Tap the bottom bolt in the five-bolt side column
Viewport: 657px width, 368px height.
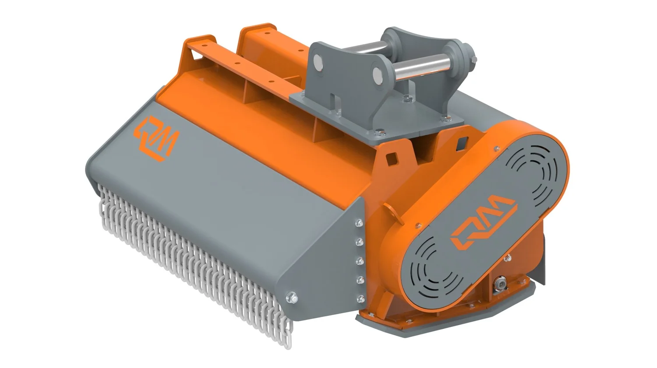[x=360, y=299]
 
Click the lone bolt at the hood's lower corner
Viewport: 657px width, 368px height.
[x=293, y=298]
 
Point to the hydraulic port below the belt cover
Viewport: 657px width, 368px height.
[x=498, y=285]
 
